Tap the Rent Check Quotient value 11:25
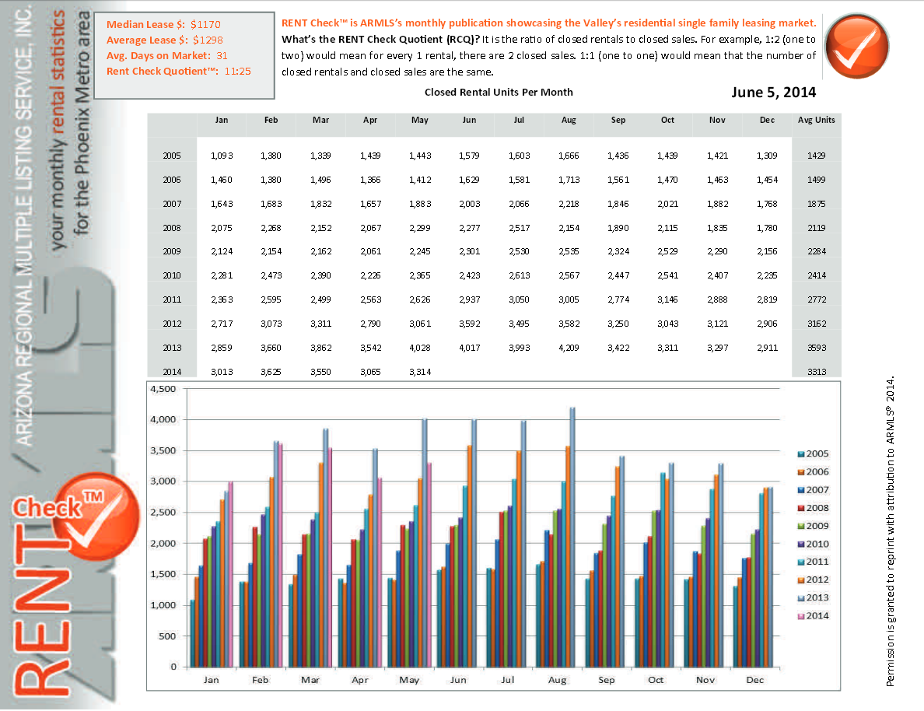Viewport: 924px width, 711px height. (x=236, y=71)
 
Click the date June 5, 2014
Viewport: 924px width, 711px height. (x=773, y=92)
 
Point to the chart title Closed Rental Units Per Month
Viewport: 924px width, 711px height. (x=499, y=92)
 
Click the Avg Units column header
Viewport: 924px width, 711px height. (x=816, y=121)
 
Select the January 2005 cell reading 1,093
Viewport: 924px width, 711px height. (x=222, y=156)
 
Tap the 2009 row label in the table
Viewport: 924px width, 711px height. (x=172, y=252)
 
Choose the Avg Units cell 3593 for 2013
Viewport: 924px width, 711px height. (x=816, y=348)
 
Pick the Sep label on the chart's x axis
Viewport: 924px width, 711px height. (x=606, y=679)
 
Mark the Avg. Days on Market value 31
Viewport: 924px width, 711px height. (x=222, y=55)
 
